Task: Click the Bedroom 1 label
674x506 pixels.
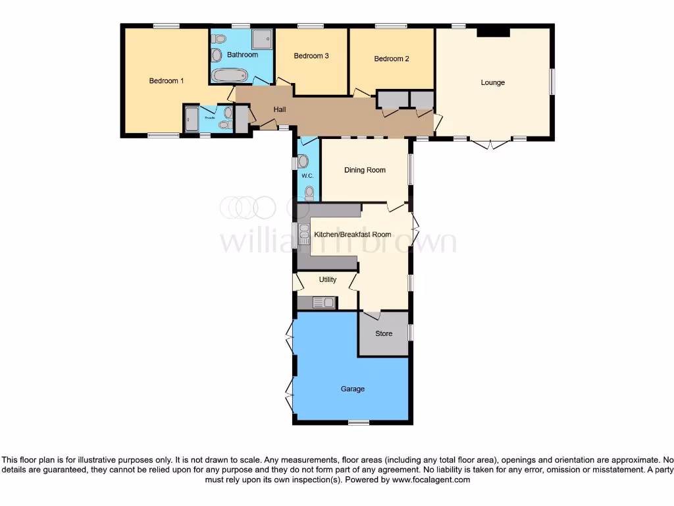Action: click(x=166, y=81)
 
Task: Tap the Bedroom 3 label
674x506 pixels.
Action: click(x=311, y=56)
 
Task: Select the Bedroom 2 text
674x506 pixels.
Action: click(x=392, y=59)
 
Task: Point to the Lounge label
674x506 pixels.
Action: click(x=492, y=82)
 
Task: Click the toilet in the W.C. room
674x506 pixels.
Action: click(x=309, y=192)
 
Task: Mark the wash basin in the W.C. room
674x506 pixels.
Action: click(x=303, y=161)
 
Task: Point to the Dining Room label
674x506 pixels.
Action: click(x=365, y=170)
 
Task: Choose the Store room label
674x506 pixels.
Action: click(x=384, y=333)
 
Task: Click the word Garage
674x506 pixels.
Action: click(x=352, y=389)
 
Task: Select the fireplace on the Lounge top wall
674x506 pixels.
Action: click(x=493, y=32)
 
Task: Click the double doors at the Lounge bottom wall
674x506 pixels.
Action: click(x=490, y=142)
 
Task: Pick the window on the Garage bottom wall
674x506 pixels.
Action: click(x=359, y=422)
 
